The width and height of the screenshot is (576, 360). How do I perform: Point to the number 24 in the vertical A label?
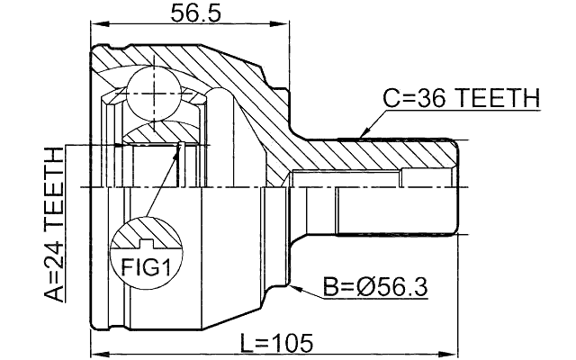pos(55,246)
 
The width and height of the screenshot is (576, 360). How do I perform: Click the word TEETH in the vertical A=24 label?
pos(55,184)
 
